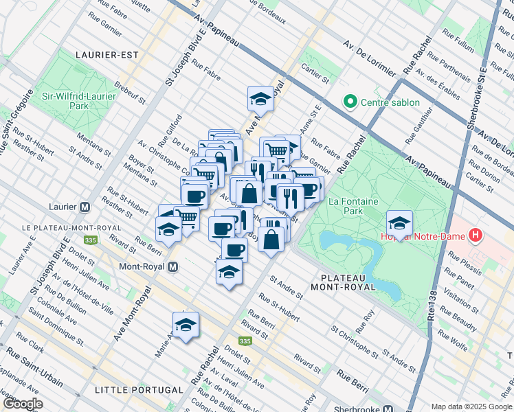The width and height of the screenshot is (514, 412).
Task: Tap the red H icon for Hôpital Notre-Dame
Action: point(476,236)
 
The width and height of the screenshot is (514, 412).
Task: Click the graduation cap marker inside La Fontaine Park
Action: point(399,223)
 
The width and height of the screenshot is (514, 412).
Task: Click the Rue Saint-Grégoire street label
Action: point(16,122)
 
